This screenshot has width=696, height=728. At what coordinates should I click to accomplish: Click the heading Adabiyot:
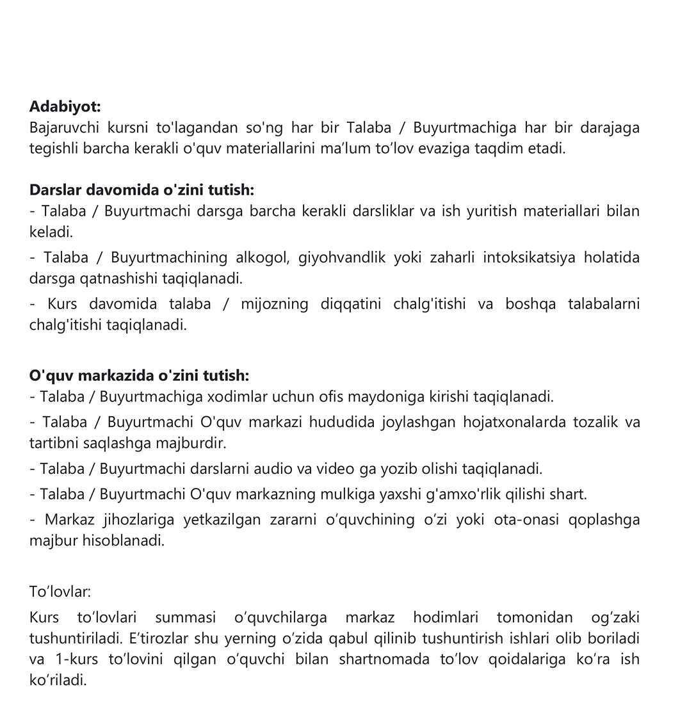tap(65, 106)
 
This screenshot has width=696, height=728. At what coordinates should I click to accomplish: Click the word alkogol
tap(263, 257)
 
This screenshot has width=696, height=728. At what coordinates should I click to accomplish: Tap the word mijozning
tap(275, 303)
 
